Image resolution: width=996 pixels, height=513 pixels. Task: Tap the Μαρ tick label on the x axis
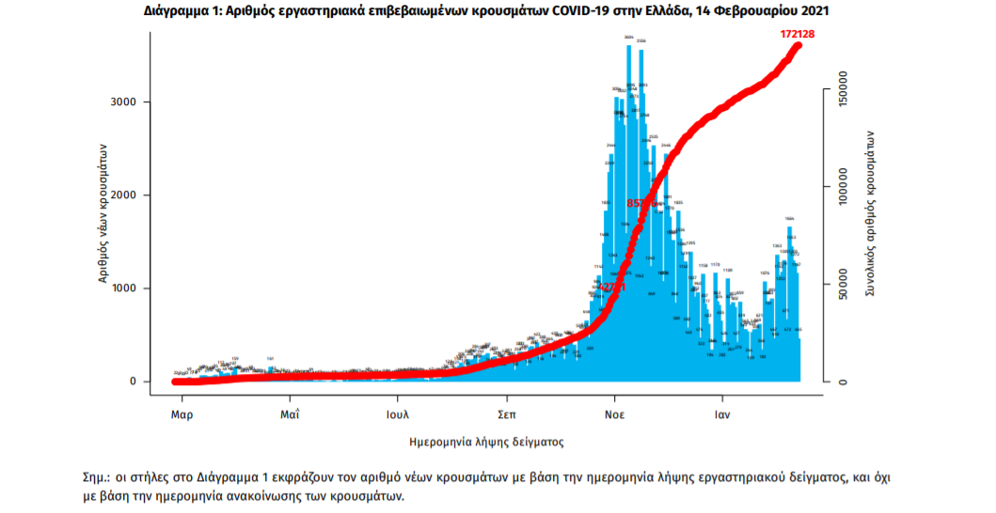[x=182, y=413]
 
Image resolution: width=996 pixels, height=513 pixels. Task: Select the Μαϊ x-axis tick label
[x=291, y=413]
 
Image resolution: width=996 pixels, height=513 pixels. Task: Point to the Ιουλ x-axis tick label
[x=398, y=413]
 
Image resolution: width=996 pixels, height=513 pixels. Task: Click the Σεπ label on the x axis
[x=508, y=413]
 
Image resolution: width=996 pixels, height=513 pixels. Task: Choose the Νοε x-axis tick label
[x=616, y=413]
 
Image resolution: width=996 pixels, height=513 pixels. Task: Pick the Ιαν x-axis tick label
[x=722, y=413]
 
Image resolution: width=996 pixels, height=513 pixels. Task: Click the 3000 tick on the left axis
[x=126, y=102]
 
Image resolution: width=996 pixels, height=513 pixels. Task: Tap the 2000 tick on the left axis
[x=126, y=195]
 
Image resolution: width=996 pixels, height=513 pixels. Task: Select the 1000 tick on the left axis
[x=126, y=288]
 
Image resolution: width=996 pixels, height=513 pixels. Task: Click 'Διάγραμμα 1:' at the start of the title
[x=184, y=10]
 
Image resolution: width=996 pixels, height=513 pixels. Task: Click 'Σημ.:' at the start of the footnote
[x=98, y=477]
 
